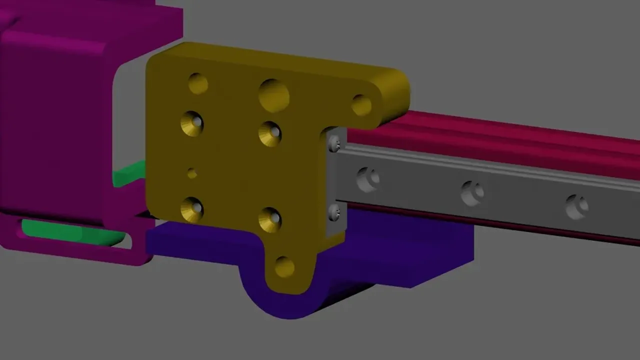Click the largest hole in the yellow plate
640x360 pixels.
point(274,95)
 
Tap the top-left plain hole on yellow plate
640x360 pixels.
point(198,83)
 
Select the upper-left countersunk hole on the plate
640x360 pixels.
point(192,123)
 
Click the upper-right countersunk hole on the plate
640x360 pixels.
point(270,134)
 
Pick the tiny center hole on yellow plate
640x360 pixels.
point(192,173)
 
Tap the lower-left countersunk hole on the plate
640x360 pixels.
point(192,209)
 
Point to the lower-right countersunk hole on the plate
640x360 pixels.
point(270,219)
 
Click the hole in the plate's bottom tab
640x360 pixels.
point(284,266)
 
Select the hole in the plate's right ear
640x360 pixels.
point(361,105)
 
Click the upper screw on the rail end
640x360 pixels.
point(335,145)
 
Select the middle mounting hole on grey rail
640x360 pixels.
point(472,193)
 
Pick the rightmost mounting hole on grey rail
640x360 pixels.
point(576,206)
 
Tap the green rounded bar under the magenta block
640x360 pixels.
point(70,232)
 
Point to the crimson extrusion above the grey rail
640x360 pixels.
point(500,137)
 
